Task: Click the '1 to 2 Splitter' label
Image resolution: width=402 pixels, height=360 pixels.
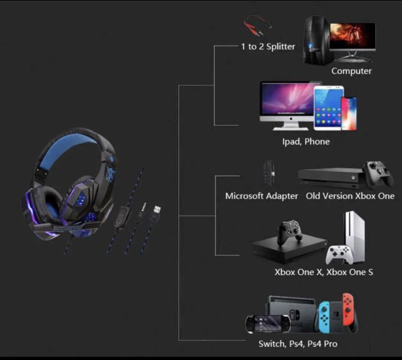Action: point(267,47)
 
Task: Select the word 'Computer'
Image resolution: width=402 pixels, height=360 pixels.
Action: point(351,71)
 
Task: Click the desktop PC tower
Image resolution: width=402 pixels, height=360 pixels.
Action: point(316,40)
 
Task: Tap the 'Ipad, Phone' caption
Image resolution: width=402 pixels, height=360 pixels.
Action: point(306,141)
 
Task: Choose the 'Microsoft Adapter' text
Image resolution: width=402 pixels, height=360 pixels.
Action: point(262,196)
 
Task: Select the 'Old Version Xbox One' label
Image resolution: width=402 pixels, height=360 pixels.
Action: point(350,196)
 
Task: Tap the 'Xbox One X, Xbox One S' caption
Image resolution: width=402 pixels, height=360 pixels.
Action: point(324,272)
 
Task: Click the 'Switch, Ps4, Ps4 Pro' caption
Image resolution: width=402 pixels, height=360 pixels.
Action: point(298,343)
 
